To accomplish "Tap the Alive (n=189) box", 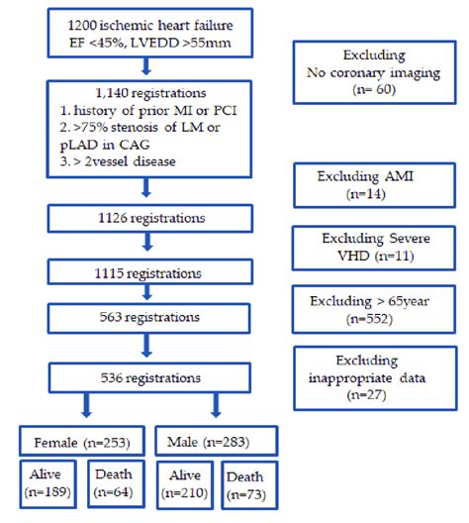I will [x=46, y=481].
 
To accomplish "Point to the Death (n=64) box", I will [x=113, y=481].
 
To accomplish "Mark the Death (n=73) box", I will [x=248, y=483].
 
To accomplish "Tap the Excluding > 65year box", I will [x=359, y=305].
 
